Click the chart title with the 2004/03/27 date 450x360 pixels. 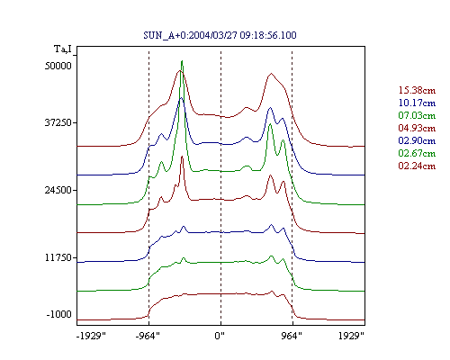click(220, 35)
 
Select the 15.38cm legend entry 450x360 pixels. click(417, 90)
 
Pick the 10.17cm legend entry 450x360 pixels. click(417, 103)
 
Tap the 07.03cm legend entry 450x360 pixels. click(417, 115)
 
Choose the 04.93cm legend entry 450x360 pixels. click(417, 128)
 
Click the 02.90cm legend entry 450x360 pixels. click(417, 140)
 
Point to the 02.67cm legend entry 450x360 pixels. click(417, 153)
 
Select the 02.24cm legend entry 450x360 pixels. click(417, 166)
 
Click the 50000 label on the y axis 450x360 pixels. click(58, 66)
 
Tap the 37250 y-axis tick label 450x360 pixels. click(58, 122)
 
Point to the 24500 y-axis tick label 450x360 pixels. click(58, 190)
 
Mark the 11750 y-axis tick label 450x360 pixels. click(58, 257)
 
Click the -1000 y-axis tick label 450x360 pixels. click(59, 314)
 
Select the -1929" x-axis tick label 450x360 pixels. click(92, 336)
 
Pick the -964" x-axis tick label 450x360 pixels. click(148, 336)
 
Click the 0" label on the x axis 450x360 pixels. click(220, 336)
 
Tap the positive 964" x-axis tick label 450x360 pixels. click(292, 336)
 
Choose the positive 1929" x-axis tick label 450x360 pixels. click(351, 336)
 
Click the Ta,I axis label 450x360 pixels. click(63, 49)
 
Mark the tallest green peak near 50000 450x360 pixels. click(182, 61)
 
